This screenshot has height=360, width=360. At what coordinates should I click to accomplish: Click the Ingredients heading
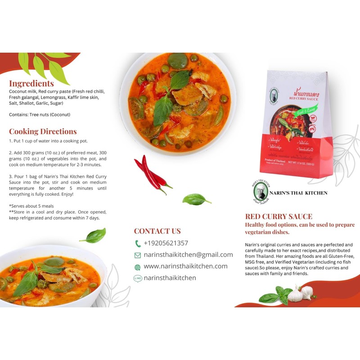(31, 83)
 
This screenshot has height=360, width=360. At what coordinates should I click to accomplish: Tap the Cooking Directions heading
(43, 131)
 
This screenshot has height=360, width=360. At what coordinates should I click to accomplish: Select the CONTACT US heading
(157, 231)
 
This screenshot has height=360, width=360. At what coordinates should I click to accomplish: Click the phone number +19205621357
(166, 243)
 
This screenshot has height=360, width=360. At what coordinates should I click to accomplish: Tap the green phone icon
(138, 243)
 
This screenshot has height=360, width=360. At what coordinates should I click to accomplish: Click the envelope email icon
(138, 255)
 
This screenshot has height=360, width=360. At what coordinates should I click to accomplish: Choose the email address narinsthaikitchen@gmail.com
(188, 255)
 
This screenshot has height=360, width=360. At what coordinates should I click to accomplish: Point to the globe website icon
(138, 267)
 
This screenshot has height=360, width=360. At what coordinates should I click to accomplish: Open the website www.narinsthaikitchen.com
(185, 266)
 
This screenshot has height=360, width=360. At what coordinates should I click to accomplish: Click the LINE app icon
(138, 279)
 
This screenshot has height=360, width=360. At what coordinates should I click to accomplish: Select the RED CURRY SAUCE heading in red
(279, 216)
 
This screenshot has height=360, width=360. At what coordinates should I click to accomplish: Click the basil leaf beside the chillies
(196, 199)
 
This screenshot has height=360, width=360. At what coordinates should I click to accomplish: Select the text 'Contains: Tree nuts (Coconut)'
(40, 115)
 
